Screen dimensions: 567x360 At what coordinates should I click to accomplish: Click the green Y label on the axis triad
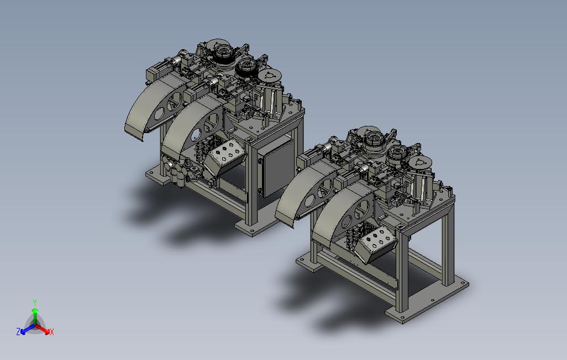click(35, 302)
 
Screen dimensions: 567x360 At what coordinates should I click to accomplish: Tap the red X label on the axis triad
click(52, 332)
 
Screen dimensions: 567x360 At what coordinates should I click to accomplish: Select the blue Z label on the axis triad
click(18, 331)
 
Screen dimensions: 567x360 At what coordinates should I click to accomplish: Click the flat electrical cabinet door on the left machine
click(277, 168)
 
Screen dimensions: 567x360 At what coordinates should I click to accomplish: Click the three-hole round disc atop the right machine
click(421, 163)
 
